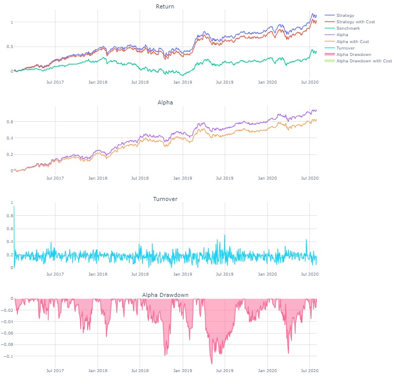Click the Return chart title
pos(165,6)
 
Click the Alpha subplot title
pos(165,102)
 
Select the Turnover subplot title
pos(165,199)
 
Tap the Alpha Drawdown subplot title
pos(165,295)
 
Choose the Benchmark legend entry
pos(349,28)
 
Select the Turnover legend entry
pos(348,48)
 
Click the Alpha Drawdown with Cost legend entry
pos(364,61)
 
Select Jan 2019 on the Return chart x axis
pos(183,81)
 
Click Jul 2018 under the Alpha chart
pos(141,178)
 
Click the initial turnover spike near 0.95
pos(14,206)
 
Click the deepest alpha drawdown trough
pos(212,364)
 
